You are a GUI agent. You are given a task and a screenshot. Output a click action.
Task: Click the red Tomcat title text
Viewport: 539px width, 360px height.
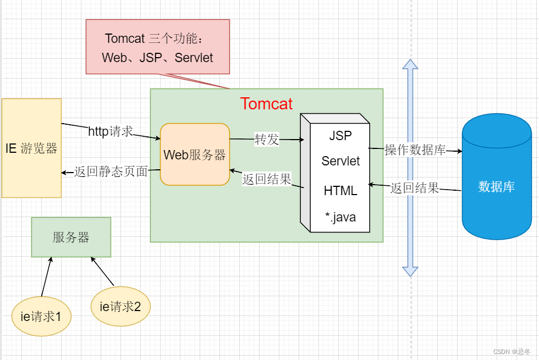(266, 103)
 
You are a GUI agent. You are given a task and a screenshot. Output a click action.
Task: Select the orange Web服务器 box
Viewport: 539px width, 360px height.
(195, 154)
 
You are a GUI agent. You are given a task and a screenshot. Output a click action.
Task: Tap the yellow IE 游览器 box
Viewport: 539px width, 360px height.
(31, 148)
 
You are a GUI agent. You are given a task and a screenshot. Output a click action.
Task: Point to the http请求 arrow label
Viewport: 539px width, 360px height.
(111, 131)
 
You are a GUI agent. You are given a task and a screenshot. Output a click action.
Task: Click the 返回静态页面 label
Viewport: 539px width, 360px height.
(111, 172)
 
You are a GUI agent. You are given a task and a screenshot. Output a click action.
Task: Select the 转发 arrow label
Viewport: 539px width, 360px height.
(267, 140)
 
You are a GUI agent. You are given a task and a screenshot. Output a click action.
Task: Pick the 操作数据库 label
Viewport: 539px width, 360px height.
(415, 149)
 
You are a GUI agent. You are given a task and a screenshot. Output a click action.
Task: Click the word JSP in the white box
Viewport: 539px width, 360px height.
(340, 135)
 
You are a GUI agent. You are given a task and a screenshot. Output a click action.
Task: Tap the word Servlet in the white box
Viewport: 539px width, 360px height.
(340, 161)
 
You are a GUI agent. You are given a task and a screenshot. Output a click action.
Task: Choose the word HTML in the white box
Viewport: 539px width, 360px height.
(340, 191)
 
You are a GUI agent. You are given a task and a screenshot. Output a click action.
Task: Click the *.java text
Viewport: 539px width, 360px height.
(340, 217)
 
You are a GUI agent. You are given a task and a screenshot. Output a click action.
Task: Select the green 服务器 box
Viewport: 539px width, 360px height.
(71, 237)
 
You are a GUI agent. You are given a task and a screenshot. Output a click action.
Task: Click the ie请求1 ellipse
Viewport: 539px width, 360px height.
(41, 316)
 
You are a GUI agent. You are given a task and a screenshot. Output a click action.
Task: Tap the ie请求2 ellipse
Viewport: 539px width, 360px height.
(120, 307)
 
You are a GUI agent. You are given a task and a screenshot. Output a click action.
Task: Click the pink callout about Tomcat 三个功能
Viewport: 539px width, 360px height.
(157, 47)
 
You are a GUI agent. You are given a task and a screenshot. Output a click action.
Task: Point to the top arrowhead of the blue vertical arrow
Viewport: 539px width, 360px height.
(410, 64)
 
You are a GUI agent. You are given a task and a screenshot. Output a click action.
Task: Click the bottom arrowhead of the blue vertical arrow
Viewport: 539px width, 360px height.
(410, 271)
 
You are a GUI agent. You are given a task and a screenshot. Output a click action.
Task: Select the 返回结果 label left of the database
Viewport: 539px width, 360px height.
(415, 188)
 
